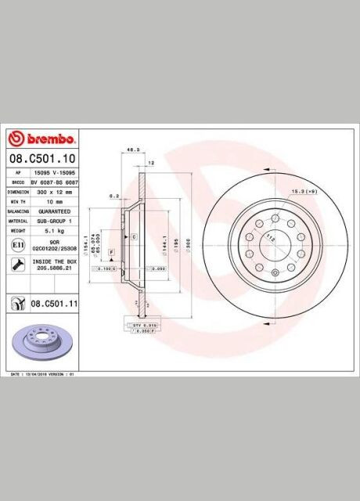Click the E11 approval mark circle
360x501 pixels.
[16, 245]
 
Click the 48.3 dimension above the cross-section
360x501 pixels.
[132, 147]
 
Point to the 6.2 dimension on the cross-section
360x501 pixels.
[114, 196]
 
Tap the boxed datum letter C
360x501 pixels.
[134, 236]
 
